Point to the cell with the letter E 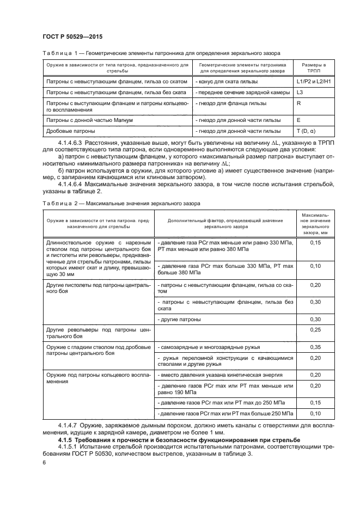(x=299, y=119)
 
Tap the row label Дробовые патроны (x=63, y=131)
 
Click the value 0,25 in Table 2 (x=315, y=330)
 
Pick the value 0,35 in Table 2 (x=315, y=346)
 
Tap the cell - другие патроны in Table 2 (x=179, y=318)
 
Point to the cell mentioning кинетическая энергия (x=219, y=375)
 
